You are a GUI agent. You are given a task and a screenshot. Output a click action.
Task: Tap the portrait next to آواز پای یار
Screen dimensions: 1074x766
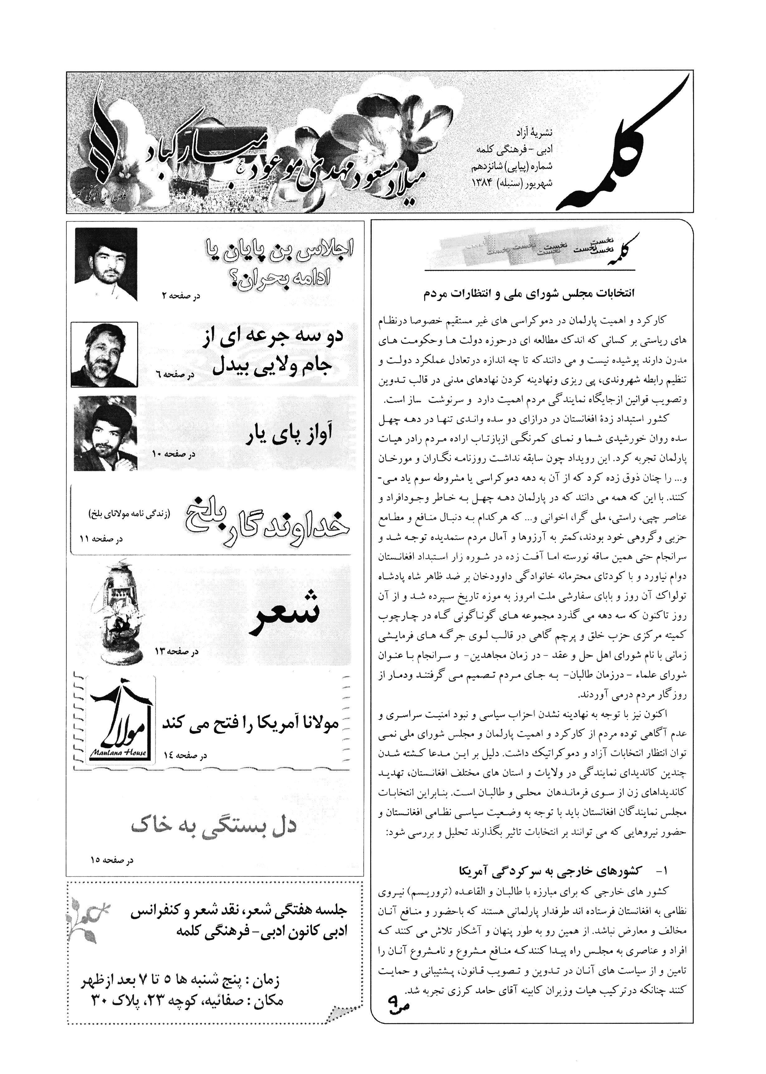[x=106, y=433]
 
